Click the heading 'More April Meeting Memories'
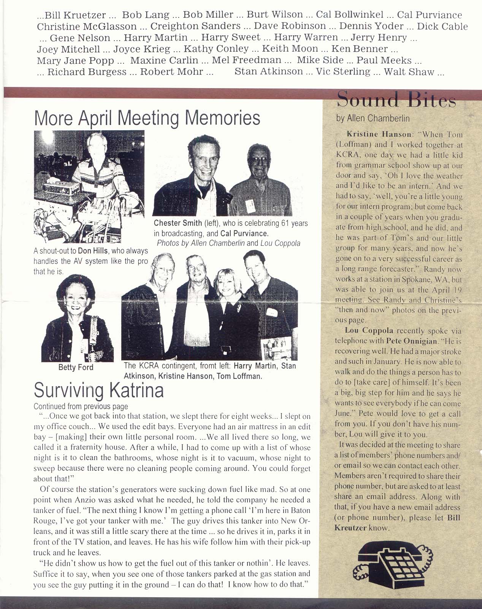(147, 118)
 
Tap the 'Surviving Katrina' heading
(99, 390)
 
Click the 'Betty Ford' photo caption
(76, 368)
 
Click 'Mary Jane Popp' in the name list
(76, 60)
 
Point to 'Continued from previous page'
(81, 406)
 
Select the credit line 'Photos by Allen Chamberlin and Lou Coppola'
(228, 243)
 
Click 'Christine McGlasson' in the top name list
(87, 26)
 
